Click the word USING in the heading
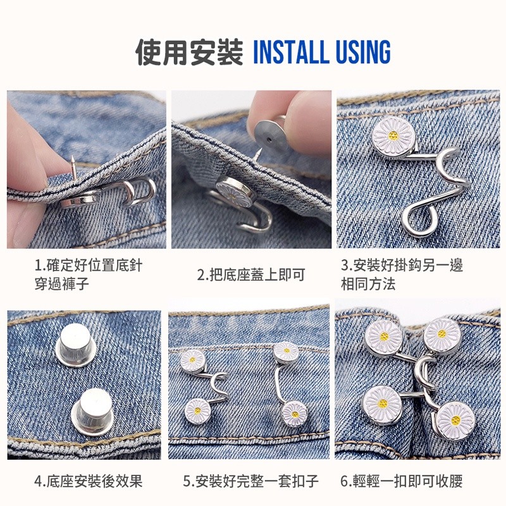tap(363, 52)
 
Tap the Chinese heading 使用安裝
tap(189, 52)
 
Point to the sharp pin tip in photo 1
tap(73, 157)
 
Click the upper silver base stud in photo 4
tap(75, 345)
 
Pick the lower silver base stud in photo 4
tap(92, 412)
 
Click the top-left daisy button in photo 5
tap(193, 361)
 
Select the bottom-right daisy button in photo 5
tap(294, 414)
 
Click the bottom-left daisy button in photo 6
tap(383, 405)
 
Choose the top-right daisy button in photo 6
tap(442, 336)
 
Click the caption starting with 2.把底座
tap(251, 275)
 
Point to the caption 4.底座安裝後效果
tap(89, 481)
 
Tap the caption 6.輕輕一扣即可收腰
tap(402, 481)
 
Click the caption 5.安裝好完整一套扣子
tap(250, 481)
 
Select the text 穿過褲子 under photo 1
tap(61, 284)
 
